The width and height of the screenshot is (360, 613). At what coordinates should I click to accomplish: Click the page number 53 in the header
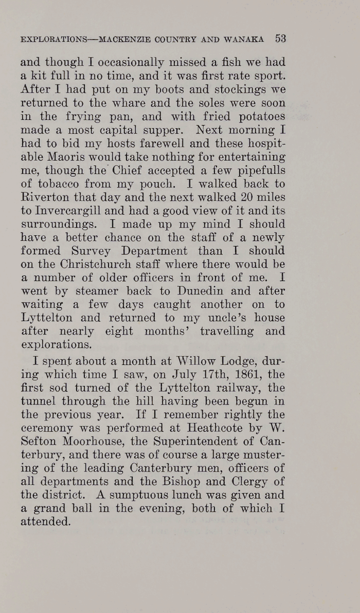pyautogui.click(x=280, y=38)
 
